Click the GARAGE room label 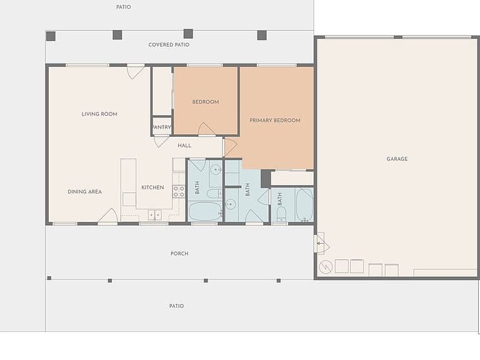coord(397,159)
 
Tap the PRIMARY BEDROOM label coord(275,120)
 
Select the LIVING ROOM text coord(99,114)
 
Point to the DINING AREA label coord(85,192)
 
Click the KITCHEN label coord(152,187)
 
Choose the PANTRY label coord(161,127)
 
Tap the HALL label coord(184,146)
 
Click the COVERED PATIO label coord(169,45)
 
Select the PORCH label coord(179,254)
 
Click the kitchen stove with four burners coord(179,191)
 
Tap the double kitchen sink coord(155,215)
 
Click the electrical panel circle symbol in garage coord(326,267)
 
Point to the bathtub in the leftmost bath coord(205,211)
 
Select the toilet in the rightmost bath coord(281,214)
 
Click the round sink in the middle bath coord(231,204)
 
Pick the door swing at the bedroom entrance coord(206,129)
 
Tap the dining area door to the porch coord(107,216)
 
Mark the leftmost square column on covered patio coord(51,36)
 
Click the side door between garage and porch coord(321,244)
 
